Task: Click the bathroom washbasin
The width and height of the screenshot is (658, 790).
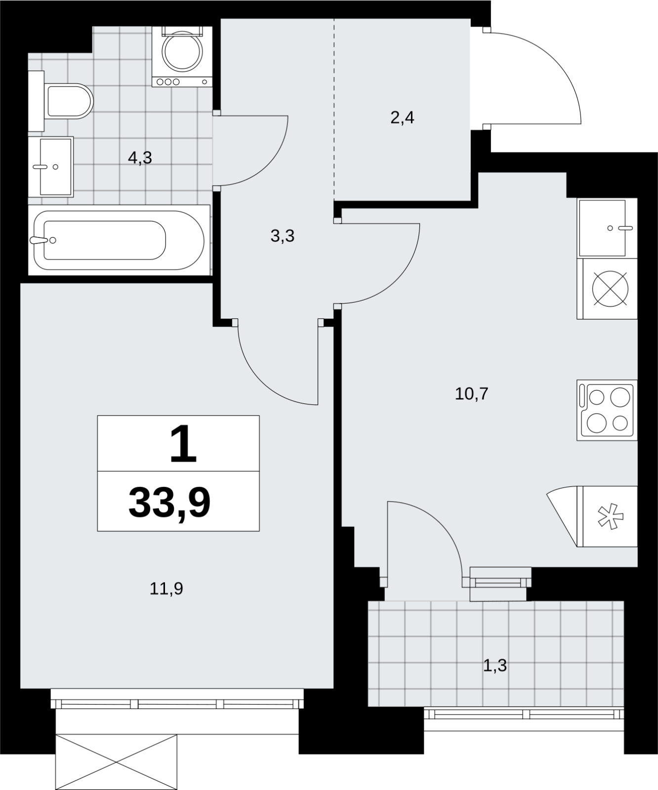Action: coord(51,167)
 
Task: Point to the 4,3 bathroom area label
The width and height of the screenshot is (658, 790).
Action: coord(140,158)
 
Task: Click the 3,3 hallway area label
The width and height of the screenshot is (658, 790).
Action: coord(283,236)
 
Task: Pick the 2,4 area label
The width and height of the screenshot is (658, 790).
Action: coord(402,118)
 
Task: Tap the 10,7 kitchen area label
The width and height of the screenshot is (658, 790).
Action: coord(471,394)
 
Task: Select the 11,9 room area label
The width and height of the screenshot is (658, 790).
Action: coord(166,588)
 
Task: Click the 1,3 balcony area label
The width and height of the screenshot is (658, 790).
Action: coord(495,666)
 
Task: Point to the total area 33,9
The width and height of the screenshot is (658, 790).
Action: coord(169,502)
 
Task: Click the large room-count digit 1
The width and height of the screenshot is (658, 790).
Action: coord(183,445)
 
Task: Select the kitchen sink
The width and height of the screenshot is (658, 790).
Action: coord(607,228)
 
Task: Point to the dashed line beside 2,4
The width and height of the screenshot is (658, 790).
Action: coord(334,108)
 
